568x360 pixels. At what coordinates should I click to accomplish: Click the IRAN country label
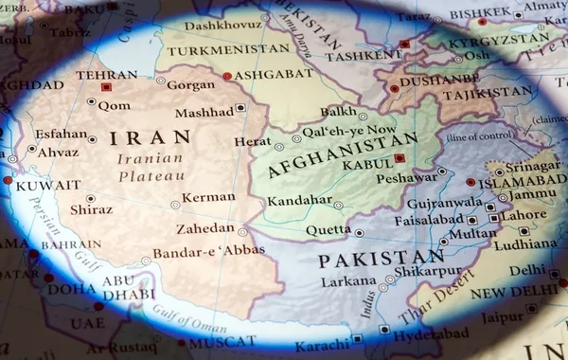point(151,138)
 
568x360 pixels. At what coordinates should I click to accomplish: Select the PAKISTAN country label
point(381,259)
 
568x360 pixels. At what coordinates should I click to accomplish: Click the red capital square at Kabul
point(399,158)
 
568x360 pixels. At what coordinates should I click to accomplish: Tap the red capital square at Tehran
point(106,86)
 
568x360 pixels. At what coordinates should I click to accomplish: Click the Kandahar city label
point(299,201)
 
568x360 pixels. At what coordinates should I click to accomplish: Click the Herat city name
point(253,141)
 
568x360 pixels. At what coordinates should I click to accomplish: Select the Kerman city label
point(208,197)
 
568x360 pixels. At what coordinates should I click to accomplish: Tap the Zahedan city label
point(204,228)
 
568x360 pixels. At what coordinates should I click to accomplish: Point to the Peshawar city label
point(406,177)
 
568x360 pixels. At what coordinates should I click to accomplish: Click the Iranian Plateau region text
point(151,167)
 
